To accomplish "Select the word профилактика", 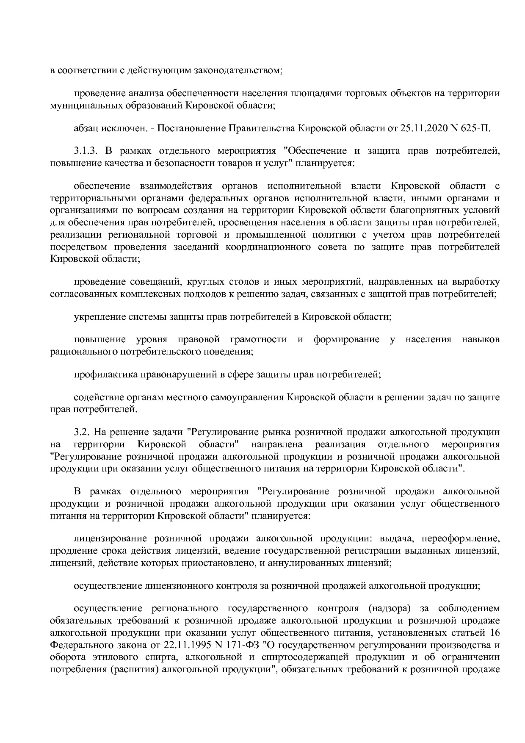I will click(102, 374).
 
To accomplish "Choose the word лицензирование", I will click(111, 538).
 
